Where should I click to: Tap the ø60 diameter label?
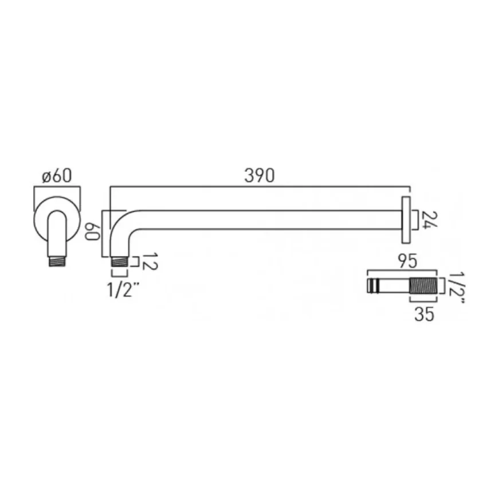57,176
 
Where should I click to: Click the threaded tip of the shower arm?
119,261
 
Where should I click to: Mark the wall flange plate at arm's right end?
406,221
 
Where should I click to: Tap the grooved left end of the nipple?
374,285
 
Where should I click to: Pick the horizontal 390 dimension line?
260,187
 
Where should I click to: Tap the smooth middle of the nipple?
395,285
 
